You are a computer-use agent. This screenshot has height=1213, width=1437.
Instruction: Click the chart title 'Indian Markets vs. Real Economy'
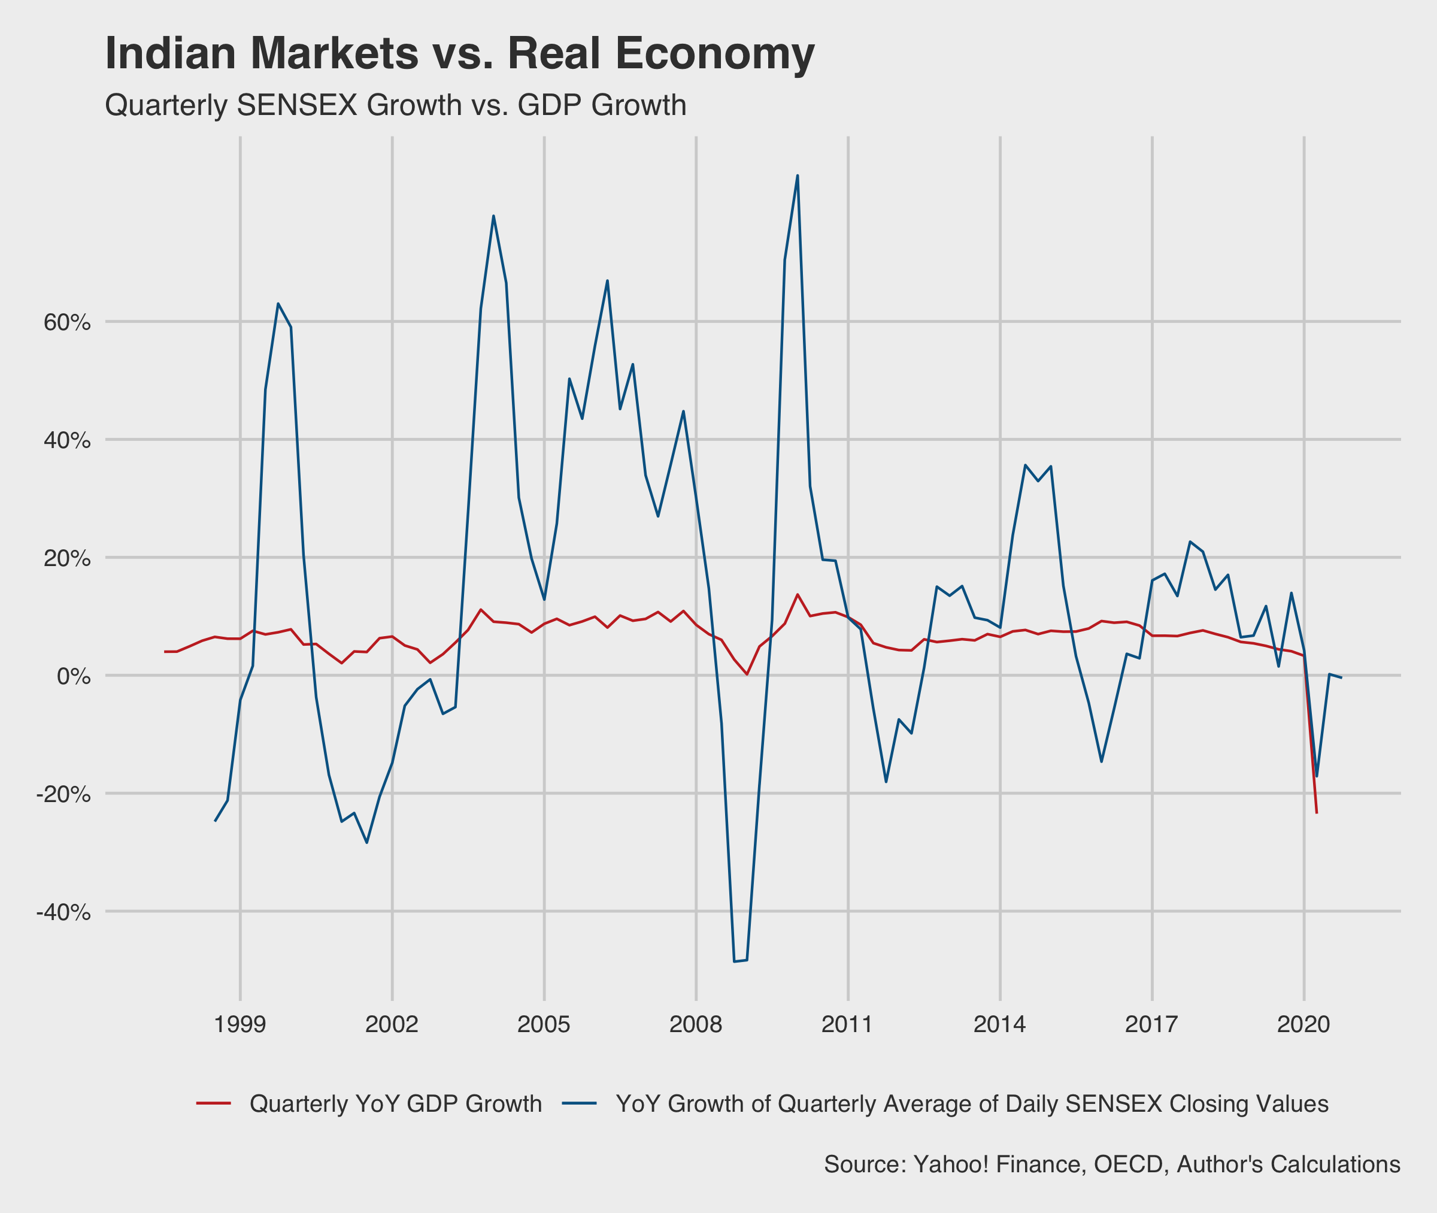[x=459, y=54]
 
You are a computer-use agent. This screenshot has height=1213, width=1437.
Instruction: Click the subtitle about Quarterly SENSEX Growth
[x=395, y=106]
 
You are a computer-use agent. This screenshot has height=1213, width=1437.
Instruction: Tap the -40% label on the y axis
[x=63, y=912]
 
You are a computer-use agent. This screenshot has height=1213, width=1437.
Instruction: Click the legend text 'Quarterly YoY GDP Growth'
[x=395, y=1103]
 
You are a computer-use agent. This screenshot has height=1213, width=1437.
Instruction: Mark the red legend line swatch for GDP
[x=213, y=1103]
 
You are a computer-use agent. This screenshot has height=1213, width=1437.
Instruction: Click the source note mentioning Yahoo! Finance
[x=1112, y=1164]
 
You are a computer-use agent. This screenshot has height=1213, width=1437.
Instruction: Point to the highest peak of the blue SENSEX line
[x=797, y=176]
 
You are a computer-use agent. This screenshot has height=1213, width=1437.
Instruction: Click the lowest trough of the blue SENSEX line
[x=734, y=961]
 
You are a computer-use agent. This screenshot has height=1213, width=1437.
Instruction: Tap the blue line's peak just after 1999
[x=278, y=303]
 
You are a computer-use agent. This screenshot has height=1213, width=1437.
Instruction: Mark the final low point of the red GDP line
[x=1316, y=813]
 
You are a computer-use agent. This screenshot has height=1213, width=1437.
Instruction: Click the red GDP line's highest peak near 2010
[x=797, y=594]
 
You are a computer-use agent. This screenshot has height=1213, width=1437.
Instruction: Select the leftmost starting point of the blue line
[x=215, y=821]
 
